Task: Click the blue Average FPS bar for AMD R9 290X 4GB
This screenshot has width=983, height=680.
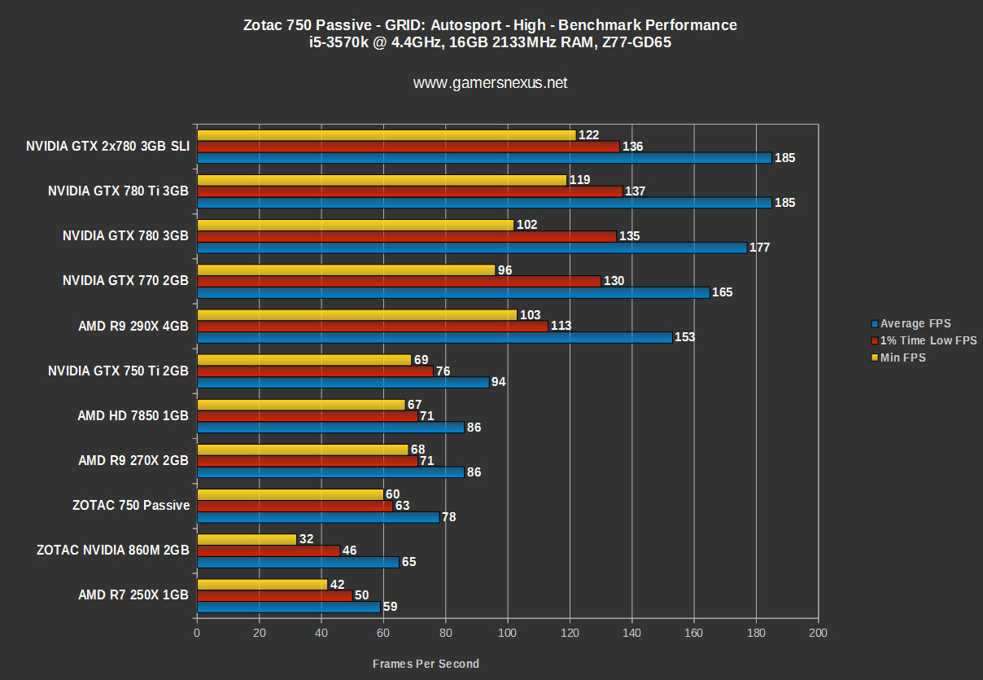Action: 435,337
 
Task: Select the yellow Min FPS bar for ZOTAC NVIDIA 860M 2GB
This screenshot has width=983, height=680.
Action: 247,539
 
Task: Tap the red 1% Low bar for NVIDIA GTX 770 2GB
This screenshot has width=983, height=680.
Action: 399,281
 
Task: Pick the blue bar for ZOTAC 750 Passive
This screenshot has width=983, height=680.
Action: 318,517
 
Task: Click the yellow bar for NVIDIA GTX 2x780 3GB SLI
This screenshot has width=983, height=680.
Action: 387,135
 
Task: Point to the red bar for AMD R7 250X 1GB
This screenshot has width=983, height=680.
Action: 274,595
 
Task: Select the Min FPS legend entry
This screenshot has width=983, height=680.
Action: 903,358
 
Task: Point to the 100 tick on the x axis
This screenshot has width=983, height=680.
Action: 508,633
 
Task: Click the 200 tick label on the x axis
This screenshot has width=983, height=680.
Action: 819,633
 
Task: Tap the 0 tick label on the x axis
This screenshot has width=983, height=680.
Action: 197,633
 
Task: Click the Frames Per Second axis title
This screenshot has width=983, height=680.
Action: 426,664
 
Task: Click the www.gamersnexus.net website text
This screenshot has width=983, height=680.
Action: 490,83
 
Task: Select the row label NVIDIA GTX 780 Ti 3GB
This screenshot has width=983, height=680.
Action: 118,191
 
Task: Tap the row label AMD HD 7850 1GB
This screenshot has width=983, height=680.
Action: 133,415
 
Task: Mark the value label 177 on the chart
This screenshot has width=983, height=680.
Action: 760,248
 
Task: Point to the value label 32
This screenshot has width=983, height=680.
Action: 307,539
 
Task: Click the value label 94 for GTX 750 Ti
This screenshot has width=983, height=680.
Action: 499,382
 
